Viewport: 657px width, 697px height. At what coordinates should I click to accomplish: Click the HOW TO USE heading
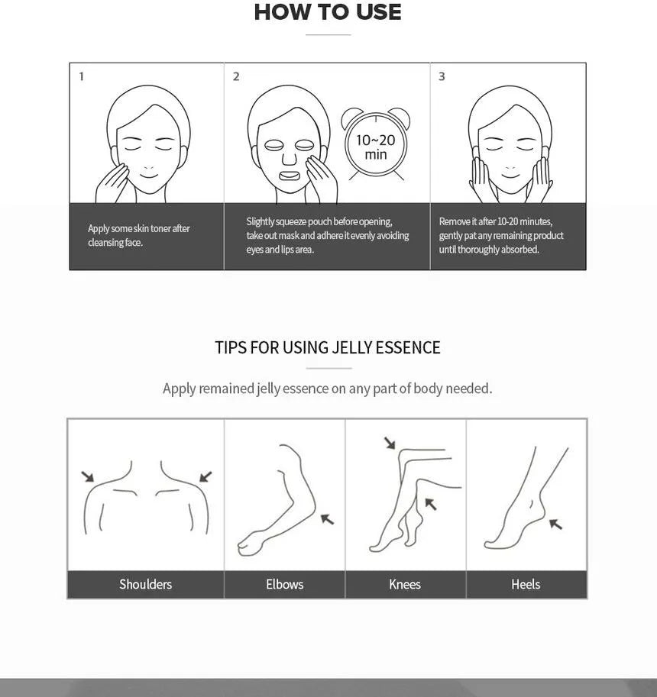click(x=328, y=12)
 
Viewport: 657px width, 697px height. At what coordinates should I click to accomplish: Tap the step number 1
click(x=82, y=76)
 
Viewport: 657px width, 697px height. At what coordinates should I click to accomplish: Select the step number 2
click(x=236, y=76)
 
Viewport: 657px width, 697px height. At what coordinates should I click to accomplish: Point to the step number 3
click(x=442, y=76)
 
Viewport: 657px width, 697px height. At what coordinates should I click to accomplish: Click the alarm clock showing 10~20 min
click(x=376, y=143)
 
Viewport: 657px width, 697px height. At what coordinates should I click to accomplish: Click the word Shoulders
click(x=145, y=584)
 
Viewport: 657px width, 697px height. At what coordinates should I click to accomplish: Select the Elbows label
click(x=285, y=584)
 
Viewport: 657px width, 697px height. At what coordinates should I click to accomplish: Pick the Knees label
click(x=405, y=584)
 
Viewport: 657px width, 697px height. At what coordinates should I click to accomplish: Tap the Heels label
click(x=526, y=584)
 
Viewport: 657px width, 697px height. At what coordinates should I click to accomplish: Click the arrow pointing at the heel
click(x=555, y=524)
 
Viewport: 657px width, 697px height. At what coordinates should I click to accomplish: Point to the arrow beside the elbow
click(x=327, y=519)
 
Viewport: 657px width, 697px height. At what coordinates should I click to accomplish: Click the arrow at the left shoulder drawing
click(x=88, y=476)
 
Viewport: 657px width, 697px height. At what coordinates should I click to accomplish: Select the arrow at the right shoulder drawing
click(x=206, y=476)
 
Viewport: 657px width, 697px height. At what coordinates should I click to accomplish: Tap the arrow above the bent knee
click(x=390, y=443)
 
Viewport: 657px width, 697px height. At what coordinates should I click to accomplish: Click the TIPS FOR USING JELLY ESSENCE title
click(x=328, y=347)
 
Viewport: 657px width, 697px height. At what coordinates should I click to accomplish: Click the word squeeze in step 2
click(x=290, y=222)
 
